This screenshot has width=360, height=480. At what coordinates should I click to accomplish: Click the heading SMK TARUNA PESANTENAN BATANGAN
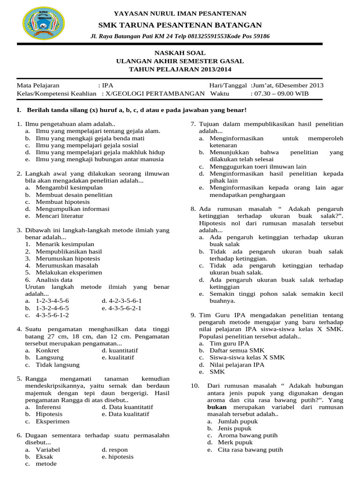180,25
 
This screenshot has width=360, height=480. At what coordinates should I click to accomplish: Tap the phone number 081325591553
198,37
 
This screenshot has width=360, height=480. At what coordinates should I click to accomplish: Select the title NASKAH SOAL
180,53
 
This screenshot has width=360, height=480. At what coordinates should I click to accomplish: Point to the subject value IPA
107,85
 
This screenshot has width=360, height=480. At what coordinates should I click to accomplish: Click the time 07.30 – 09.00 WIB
280,93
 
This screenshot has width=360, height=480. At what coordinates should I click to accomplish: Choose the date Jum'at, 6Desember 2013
288,85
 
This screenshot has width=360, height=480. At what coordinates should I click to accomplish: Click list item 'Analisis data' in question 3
54,279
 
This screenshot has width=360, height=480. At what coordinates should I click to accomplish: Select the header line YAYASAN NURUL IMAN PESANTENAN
180,14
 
